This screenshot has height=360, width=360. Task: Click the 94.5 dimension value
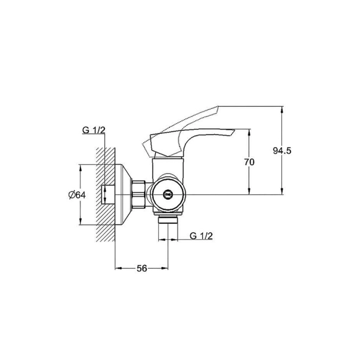pyautogui.click(x=282, y=151)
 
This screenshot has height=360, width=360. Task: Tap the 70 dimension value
pyautogui.click(x=249, y=162)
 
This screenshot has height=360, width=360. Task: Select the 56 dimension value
pyautogui.click(x=142, y=268)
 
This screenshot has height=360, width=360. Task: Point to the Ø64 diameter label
pyautogui.click(x=77, y=195)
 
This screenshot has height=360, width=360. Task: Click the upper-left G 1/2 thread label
pyautogui.click(x=94, y=130)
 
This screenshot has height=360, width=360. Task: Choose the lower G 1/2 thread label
pyautogui.click(x=201, y=236)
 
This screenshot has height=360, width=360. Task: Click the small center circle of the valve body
pyautogui.click(x=167, y=194)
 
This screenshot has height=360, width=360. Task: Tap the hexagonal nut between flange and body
pyautogui.click(x=139, y=194)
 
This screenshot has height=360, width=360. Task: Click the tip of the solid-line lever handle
pyautogui.click(x=234, y=130)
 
